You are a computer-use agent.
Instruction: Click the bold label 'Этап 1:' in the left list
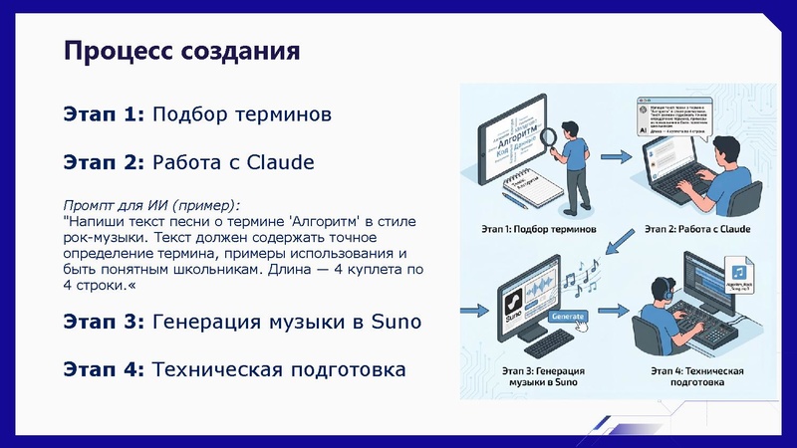(104, 115)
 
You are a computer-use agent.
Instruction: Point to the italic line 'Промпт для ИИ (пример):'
(151, 197)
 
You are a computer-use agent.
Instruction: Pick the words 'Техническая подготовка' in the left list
(279, 369)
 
